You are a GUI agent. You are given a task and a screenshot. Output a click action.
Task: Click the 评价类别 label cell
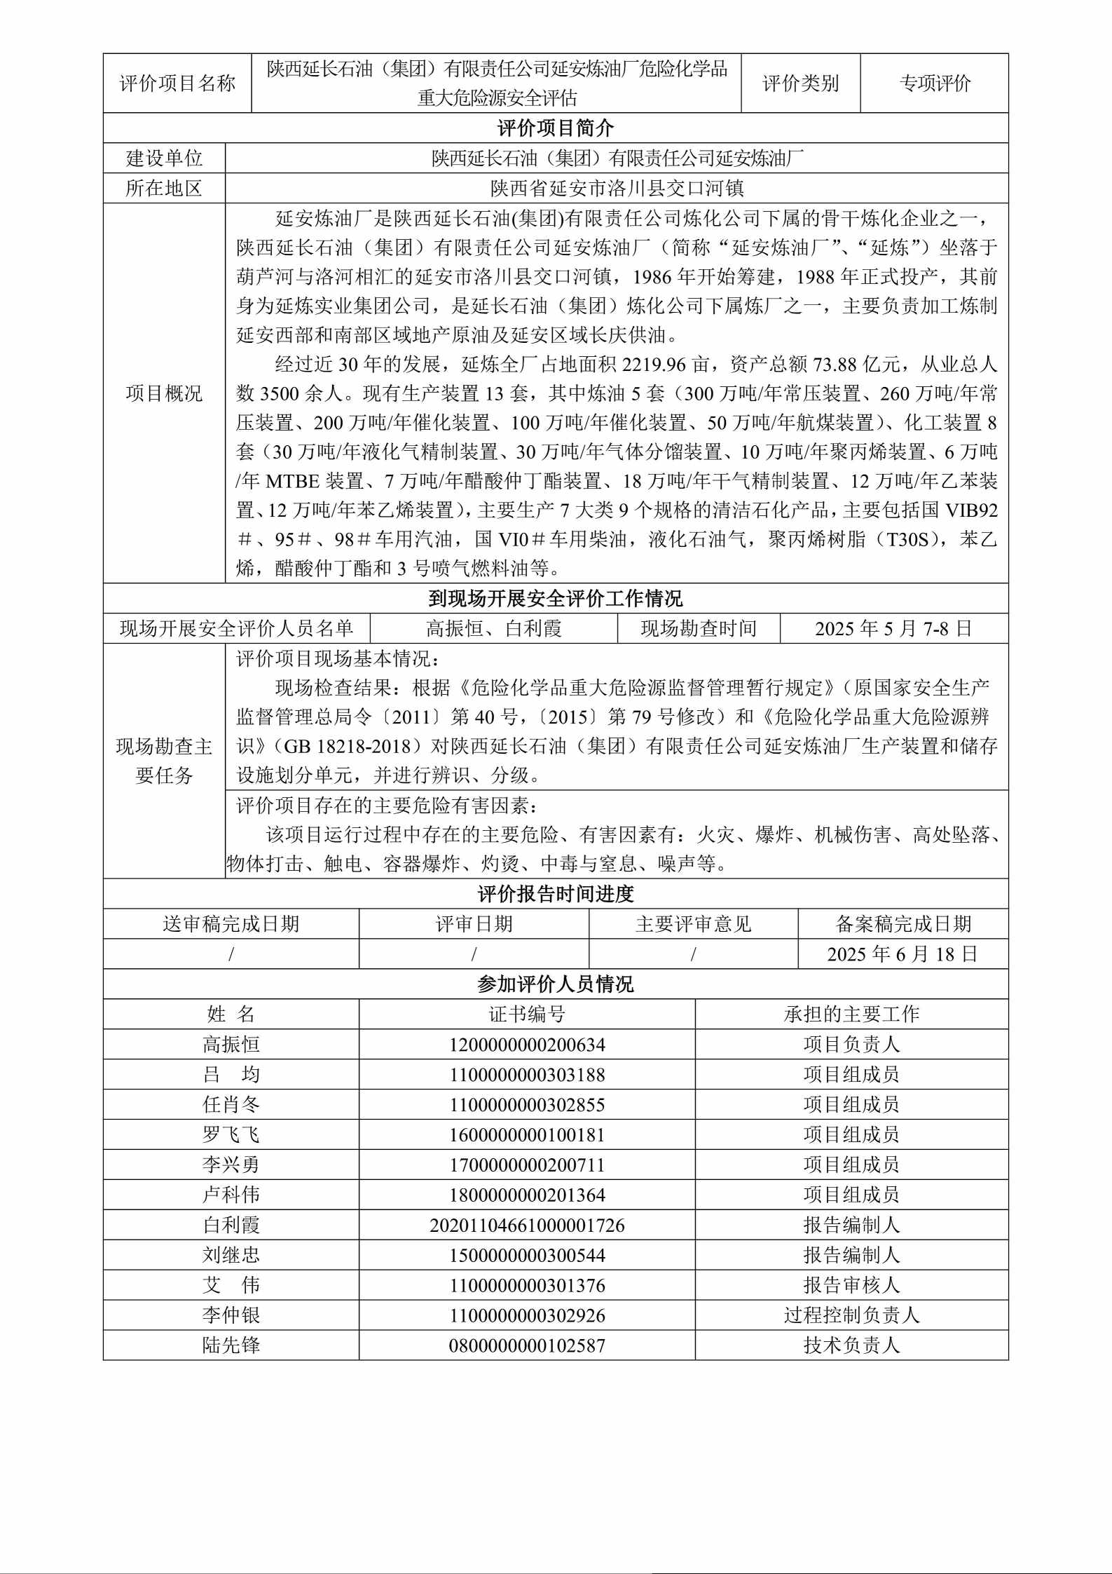tap(800, 83)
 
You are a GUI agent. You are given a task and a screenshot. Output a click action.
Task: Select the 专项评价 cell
tap(935, 83)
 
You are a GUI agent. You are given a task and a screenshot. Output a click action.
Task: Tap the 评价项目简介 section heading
tap(556, 128)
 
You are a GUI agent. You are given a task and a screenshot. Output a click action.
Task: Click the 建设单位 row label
tap(164, 158)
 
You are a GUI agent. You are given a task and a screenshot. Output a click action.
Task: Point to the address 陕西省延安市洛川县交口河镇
tap(617, 189)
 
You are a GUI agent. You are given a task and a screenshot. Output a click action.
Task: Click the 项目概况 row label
tap(164, 393)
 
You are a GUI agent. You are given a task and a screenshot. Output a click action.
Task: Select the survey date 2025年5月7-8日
tap(893, 628)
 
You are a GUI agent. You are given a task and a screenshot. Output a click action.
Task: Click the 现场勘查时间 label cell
tap(699, 628)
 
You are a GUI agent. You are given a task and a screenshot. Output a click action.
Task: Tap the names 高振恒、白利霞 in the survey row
tap(494, 628)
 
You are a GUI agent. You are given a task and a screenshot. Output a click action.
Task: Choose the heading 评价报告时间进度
tap(556, 894)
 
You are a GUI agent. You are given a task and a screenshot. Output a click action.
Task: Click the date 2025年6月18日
tap(902, 954)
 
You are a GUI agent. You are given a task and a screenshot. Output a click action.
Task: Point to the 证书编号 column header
tap(527, 1015)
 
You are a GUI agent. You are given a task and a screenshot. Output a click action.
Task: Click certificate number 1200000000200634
tap(527, 1045)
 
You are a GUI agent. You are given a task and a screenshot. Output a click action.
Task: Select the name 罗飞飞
tap(231, 1135)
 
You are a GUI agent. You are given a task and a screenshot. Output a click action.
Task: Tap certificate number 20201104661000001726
tap(527, 1226)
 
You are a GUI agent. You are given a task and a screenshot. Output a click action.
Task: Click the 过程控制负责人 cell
tap(851, 1315)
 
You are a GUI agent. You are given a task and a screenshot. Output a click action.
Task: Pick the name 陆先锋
tap(231, 1345)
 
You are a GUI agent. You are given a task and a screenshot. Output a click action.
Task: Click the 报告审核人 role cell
tap(851, 1285)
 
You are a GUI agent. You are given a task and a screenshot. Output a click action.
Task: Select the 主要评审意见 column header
tap(693, 924)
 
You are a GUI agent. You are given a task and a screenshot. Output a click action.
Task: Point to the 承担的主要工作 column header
tap(851, 1015)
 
